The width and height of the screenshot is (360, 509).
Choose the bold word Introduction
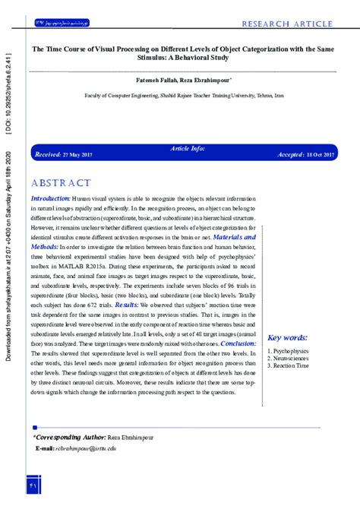[x=52, y=198]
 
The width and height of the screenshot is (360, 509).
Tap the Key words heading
[x=288, y=337]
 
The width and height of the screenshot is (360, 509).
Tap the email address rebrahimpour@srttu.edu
[x=86, y=449]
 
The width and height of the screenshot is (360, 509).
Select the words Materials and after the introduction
[x=232, y=237]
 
